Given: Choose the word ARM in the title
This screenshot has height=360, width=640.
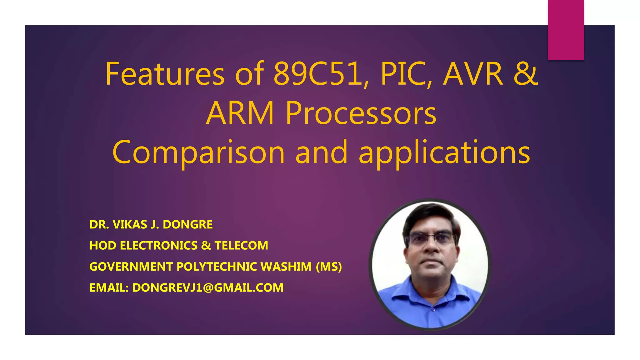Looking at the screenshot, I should point(240,113).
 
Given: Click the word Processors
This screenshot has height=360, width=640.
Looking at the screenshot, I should point(361,113).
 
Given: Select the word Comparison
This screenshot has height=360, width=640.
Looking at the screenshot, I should point(198,152).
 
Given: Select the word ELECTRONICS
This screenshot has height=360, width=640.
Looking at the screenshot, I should point(159,246).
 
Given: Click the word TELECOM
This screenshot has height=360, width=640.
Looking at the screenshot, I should point(241,246).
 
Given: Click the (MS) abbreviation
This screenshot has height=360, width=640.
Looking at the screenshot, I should point(329,267).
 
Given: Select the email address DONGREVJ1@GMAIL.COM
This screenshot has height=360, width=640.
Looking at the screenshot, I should point(208,288).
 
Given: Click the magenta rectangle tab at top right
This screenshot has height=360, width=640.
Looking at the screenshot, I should point(566,30).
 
